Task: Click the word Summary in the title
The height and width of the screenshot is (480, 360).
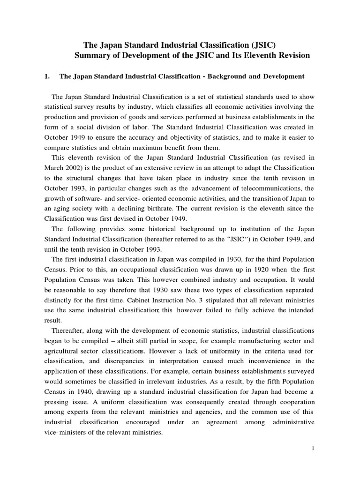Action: click(x=91, y=55)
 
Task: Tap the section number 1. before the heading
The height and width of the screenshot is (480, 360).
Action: click(x=47, y=76)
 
